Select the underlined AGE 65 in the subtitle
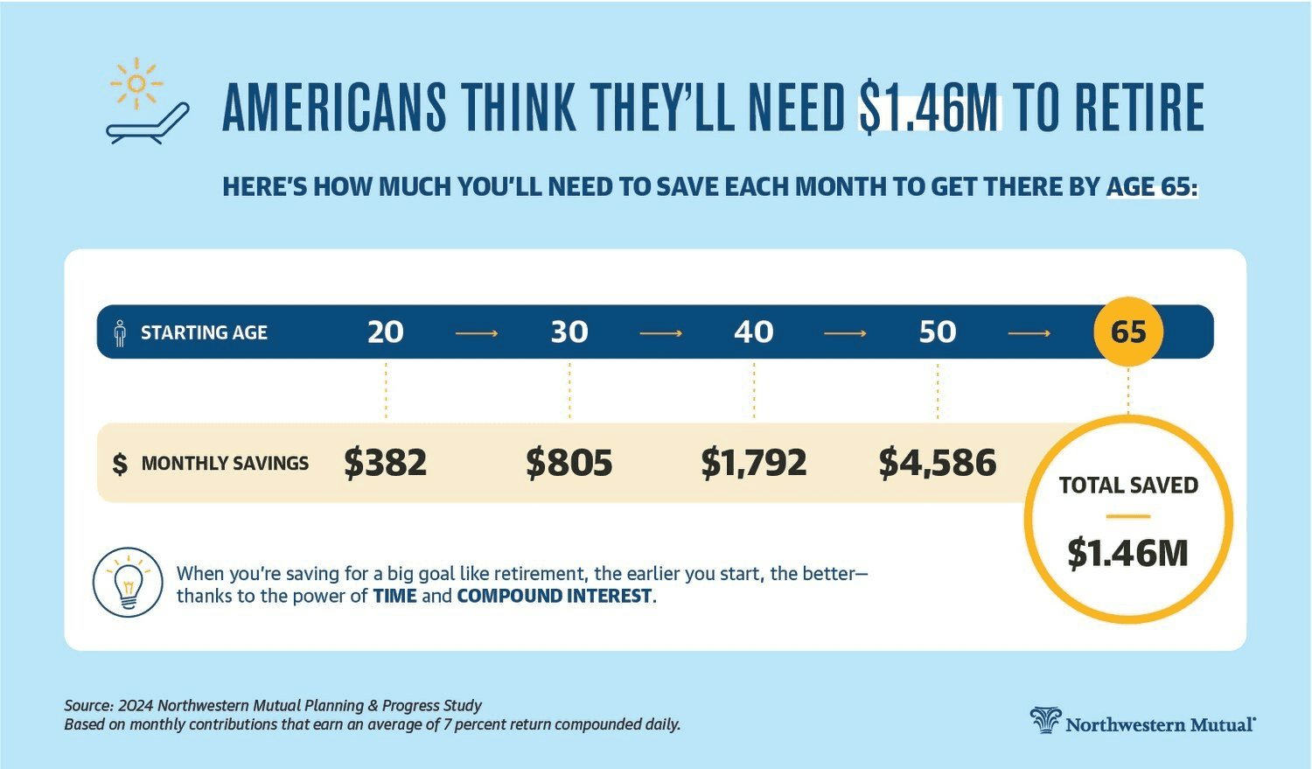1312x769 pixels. click(x=1151, y=186)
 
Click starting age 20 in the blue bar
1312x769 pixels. click(x=385, y=332)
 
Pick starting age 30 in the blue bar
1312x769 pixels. click(x=569, y=332)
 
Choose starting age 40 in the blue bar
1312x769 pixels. click(x=753, y=332)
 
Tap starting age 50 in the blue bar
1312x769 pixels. click(x=937, y=332)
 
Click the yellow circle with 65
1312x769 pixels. click(x=1128, y=332)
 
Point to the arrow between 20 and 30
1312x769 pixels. click(x=477, y=333)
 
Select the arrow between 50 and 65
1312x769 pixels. click(x=1029, y=333)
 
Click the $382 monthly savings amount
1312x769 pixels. click(x=385, y=463)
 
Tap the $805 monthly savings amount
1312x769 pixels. click(x=569, y=463)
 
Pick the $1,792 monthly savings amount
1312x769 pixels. click(x=753, y=463)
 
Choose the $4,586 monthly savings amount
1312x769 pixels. click(x=937, y=463)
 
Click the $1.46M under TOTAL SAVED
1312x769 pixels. click(x=1127, y=553)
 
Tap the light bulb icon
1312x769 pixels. click(x=128, y=583)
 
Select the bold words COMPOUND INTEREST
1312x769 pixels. click(x=555, y=597)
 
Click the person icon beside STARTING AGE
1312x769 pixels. click(x=120, y=332)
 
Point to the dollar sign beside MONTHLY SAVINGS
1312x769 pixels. click(x=120, y=464)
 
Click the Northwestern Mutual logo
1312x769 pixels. click(x=1142, y=722)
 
